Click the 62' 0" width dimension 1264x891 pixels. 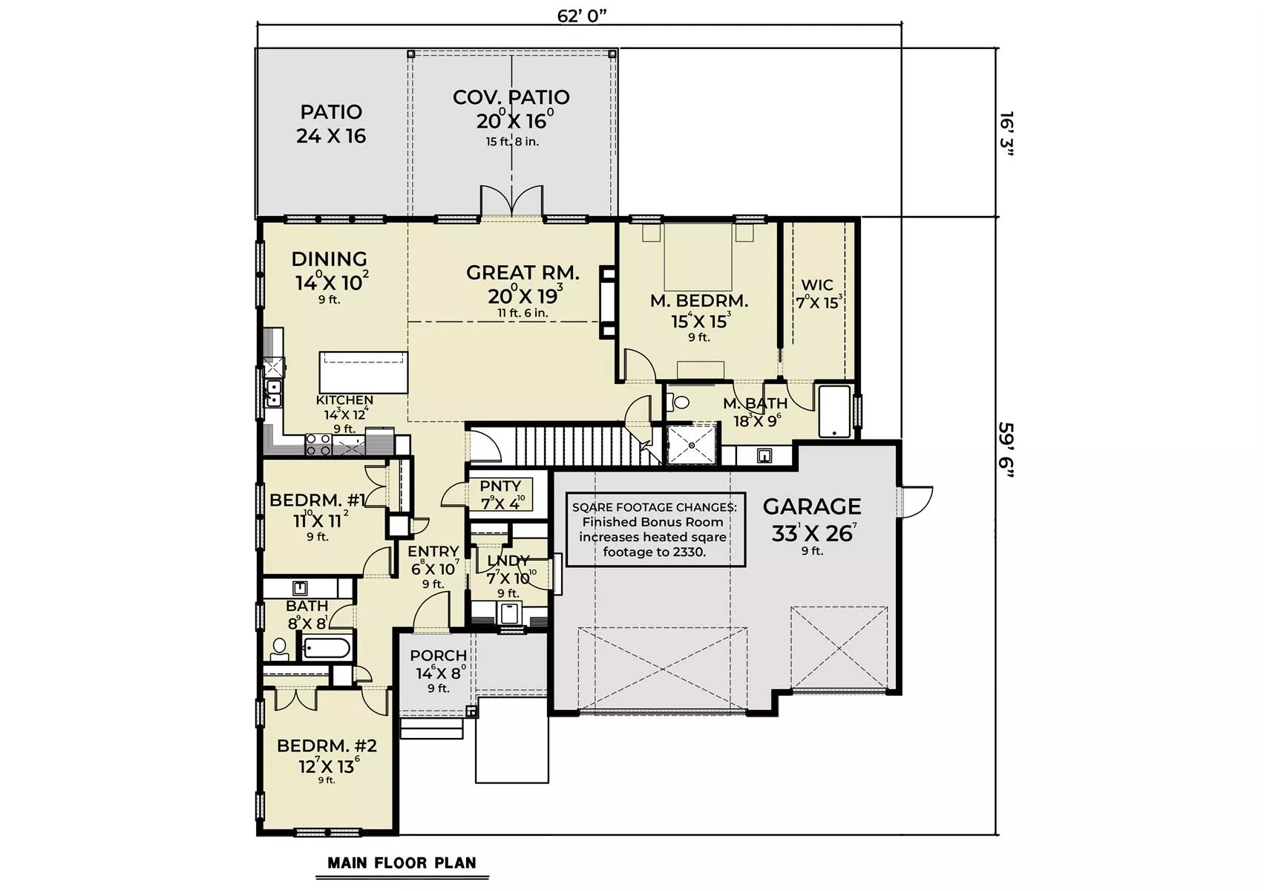pos(581,16)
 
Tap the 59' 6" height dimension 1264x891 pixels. pos(1006,450)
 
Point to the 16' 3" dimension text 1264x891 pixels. pos(1006,134)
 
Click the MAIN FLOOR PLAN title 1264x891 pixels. pos(402,863)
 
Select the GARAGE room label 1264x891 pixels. pos(811,506)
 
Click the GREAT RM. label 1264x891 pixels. pos(523,272)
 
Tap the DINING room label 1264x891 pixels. pos(329,259)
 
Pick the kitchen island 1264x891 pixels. pos(364,372)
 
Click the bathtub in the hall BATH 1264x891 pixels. pos(326,647)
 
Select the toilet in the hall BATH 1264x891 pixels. pos(279,649)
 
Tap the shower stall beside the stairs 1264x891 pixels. pos(692,444)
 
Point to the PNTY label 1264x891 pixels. pos(500,486)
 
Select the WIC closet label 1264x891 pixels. pos(817,284)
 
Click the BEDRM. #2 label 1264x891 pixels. pos(327,746)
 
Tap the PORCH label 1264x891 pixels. pos(439,656)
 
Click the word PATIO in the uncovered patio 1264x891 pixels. pos(331,112)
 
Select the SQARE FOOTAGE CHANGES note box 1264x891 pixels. pos(655,529)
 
